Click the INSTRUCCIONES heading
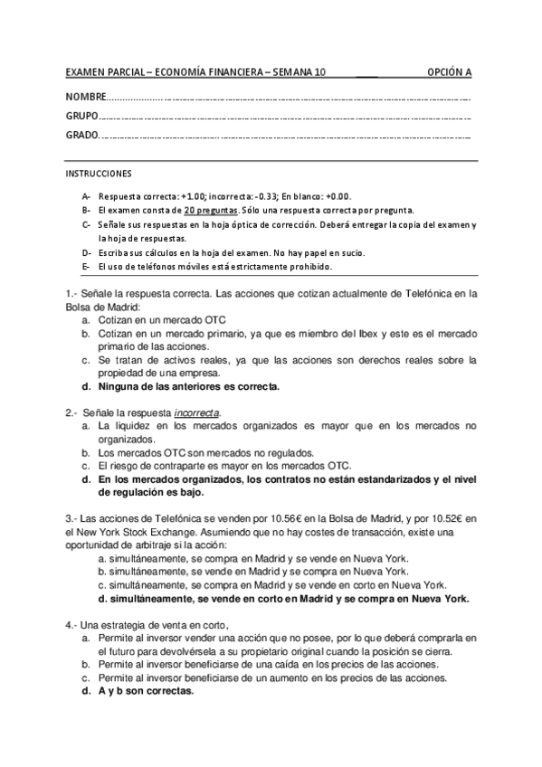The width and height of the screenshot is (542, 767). tap(99, 172)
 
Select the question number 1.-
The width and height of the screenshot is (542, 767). tap(73, 293)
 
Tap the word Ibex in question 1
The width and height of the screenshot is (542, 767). tap(348, 333)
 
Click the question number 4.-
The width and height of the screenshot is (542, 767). tap(73, 625)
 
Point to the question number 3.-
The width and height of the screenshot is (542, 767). tap(73, 518)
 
